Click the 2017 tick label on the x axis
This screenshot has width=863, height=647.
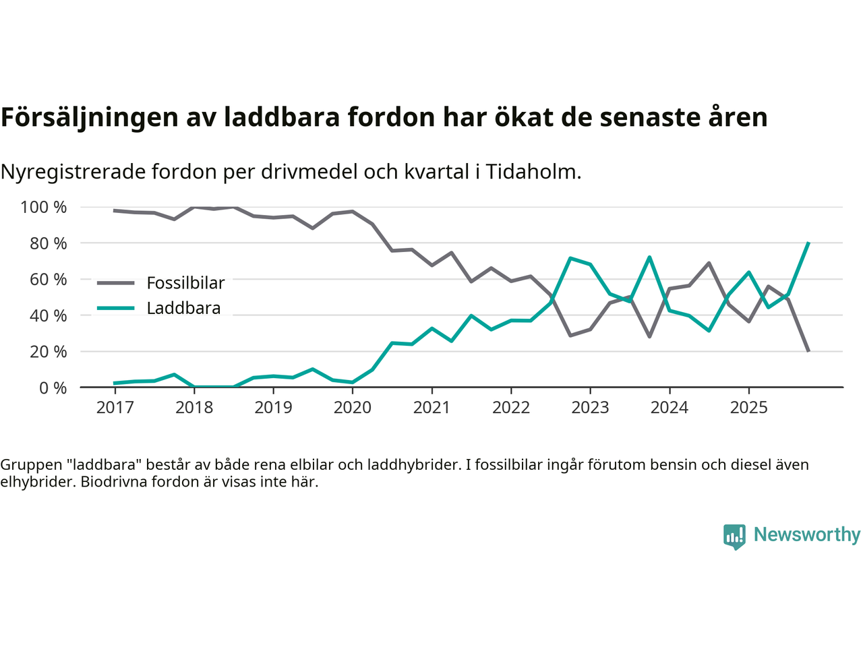[115, 408]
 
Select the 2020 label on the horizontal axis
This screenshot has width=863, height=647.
[353, 408]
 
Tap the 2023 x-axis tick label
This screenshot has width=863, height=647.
[590, 408]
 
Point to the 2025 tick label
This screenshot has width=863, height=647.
[748, 408]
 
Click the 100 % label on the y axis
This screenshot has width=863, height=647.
[44, 207]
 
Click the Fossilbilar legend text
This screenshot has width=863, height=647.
[185, 283]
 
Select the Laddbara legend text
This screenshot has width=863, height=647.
[183, 309]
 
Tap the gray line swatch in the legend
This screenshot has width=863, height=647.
[115, 283]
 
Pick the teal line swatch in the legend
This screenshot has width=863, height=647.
[115, 309]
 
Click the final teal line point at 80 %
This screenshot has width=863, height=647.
[808, 243]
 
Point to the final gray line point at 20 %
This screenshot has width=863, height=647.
[808, 351]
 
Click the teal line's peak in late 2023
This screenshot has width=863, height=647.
[649, 257]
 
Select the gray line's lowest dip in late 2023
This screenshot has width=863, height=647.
[649, 336]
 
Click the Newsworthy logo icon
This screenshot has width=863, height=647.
[734, 536]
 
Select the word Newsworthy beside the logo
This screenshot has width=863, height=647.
[807, 534]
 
